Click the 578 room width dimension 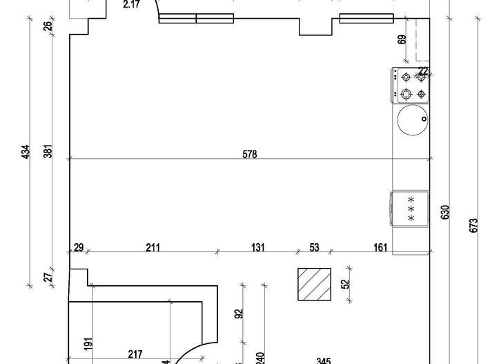click(x=249, y=155)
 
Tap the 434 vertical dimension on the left click(x=26, y=152)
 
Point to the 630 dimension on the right click(x=445, y=211)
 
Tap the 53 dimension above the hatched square click(x=314, y=247)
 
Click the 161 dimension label click(x=380, y=247)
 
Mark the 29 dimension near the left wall click(x=79, y=247)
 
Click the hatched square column click(x=314, y=285)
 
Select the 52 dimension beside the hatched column click(x=346, y=282)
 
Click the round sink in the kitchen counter click(x=412, y=121)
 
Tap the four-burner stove click(x=411, y=85)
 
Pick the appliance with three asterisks click(x=410, y=207)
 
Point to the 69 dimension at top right click(x=402, y=39)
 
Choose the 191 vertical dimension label click(x=89, y=344)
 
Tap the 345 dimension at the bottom click(x=322, y=360)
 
